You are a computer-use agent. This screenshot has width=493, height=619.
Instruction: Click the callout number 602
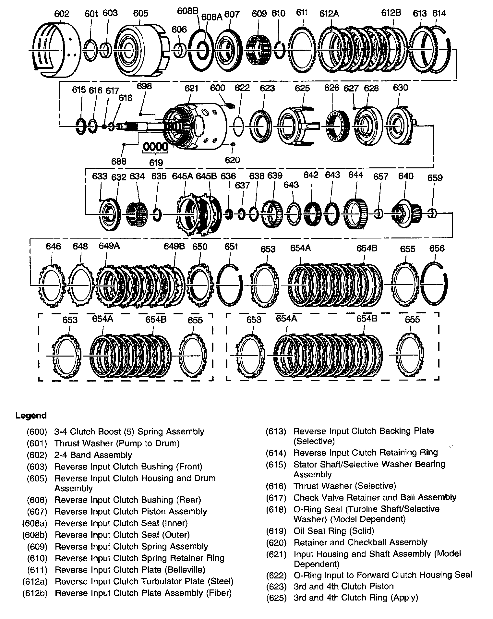62,14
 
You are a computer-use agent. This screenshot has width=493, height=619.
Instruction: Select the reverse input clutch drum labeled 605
138,50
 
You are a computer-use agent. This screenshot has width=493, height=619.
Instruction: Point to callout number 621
191,88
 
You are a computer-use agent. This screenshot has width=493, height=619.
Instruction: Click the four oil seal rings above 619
156,147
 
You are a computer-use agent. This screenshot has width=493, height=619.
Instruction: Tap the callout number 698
144,86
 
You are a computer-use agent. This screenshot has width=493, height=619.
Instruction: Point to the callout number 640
406,176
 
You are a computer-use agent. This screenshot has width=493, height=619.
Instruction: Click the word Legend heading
31,416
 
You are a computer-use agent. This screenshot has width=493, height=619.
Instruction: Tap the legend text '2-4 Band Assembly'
93,455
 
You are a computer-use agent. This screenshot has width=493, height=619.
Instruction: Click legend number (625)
276,598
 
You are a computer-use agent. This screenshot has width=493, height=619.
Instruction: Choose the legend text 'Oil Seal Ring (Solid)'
334,531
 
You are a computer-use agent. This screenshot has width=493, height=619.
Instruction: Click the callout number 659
435,178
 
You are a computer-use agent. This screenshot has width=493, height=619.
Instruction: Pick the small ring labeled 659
432,214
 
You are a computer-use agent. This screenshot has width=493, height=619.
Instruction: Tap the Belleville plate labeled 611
302,50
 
